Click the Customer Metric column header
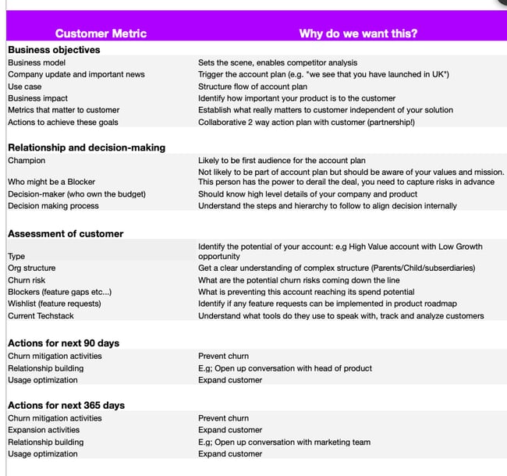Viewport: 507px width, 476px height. point(101,34)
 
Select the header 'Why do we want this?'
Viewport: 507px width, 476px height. point(358,34)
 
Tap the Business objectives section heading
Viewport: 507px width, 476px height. point(54,50)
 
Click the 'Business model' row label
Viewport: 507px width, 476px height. point(37,62)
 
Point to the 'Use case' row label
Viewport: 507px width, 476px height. point(25,87)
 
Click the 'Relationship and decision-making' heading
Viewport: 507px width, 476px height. point(86,147)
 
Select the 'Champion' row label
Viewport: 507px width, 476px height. point(27,160)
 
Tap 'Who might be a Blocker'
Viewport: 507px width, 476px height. point(51,182)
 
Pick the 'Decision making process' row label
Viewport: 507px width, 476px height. point(53,206)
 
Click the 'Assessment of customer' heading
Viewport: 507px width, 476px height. point(66,233)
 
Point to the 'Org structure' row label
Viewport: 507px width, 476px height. point(31,268)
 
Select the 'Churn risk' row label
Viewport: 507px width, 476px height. point(27,279)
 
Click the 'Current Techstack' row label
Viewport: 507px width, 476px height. point(43,315)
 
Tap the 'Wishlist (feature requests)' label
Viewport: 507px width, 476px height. point(55,304)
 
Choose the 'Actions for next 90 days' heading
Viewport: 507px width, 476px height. point(63,343)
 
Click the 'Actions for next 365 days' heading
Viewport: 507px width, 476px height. point(66,406)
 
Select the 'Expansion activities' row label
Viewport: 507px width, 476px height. point(44,430)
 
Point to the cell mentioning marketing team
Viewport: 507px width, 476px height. point(284,442)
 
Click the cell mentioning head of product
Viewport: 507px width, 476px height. point(285,368)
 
